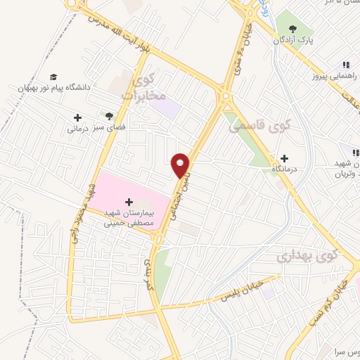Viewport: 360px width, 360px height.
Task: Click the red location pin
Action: (181, 165)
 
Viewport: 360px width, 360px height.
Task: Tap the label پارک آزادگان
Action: (294, 40)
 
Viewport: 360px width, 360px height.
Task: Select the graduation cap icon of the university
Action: (53, 77)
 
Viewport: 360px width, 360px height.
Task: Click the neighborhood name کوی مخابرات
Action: (146, 88)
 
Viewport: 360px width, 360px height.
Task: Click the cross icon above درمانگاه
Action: (284, 159)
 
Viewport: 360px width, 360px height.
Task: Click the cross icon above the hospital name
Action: (129, 202)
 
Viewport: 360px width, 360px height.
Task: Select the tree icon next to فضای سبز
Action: (109, 115)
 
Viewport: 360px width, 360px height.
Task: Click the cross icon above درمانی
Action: (77, 117)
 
